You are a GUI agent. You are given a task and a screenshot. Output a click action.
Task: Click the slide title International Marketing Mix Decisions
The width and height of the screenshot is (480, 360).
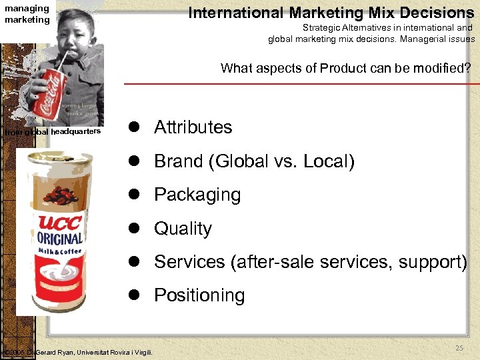point(331,12)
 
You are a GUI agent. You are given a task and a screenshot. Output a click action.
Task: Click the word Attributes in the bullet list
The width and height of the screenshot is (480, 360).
point(193,127)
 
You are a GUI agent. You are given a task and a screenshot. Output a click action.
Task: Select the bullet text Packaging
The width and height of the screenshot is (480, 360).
point(197,195)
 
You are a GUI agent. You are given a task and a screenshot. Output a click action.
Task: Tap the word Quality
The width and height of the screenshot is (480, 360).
point(183,229)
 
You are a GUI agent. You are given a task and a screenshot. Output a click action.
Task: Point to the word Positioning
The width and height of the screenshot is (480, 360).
point(199,295)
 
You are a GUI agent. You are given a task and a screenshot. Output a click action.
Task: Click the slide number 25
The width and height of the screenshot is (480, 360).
point(459,348)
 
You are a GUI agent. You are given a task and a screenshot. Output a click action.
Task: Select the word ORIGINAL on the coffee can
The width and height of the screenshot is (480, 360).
point(59,238)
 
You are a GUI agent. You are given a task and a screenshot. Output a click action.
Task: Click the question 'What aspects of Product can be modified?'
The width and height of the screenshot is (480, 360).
point(345,68)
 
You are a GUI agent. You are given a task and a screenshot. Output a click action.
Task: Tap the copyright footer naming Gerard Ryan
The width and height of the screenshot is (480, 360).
point(78,352)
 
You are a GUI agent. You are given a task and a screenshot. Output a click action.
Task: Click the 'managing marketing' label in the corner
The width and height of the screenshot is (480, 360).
point(27,14)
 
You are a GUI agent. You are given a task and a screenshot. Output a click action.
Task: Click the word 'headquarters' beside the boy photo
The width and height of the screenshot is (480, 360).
point(75,131)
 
